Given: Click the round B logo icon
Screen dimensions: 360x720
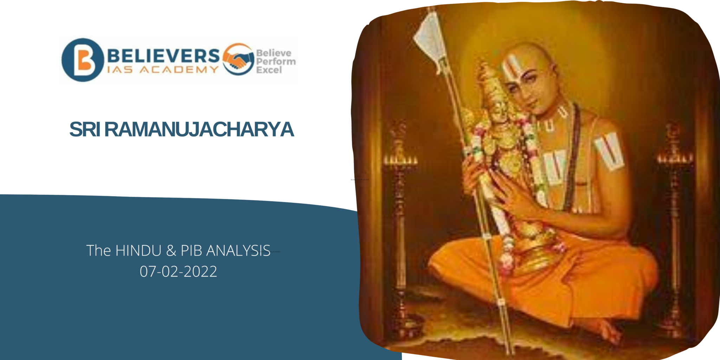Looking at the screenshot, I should tap(83, 60).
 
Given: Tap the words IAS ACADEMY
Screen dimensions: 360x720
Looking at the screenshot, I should tap(163, 70).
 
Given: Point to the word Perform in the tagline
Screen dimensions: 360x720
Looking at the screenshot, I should tap(276, 62).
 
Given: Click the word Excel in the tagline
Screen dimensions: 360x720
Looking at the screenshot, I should tap(269, 70).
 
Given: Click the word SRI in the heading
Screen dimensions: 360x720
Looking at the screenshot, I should tap(84, 129).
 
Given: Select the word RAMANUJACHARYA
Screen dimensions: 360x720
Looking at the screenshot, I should tap(199, 129).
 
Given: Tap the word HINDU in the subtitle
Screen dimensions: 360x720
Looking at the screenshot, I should tap(139, 251).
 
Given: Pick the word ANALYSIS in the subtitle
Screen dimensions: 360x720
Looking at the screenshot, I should tap(238, 251).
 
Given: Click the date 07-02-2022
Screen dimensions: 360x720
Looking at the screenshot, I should tap(178, 271).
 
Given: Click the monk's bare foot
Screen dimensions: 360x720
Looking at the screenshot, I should tap(606, 330).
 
